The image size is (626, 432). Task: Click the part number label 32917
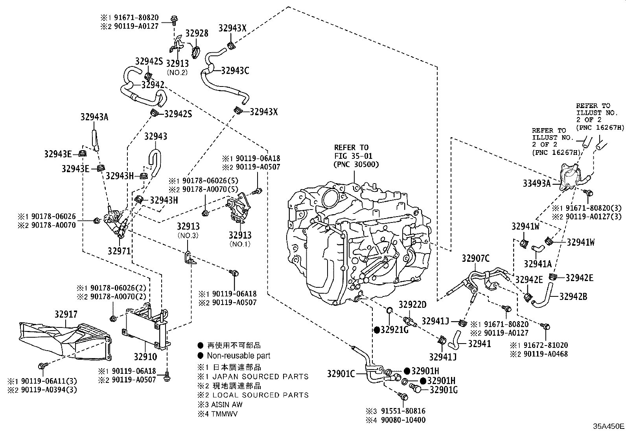[x=66, y=314]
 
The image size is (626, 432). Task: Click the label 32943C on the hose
[x=235, y=71]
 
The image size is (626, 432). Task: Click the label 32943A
[x=94, y=117]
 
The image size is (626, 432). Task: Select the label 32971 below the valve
[x=119, y=250]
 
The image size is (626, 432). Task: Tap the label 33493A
[x=536, y=183]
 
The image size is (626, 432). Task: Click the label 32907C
[x=475, y=258]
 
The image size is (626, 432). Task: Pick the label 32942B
[x=573, y=297]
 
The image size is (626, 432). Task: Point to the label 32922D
[x=412, y=305]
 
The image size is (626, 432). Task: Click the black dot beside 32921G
[x=377, y=330]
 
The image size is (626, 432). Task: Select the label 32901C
[x=341, y=374]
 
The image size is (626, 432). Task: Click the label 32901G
[x=444, y=390]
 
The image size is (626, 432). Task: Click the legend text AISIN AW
[x=227, y=404]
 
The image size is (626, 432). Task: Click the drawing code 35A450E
[x=609, y=426]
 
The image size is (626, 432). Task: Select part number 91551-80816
[x=401, y=411]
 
